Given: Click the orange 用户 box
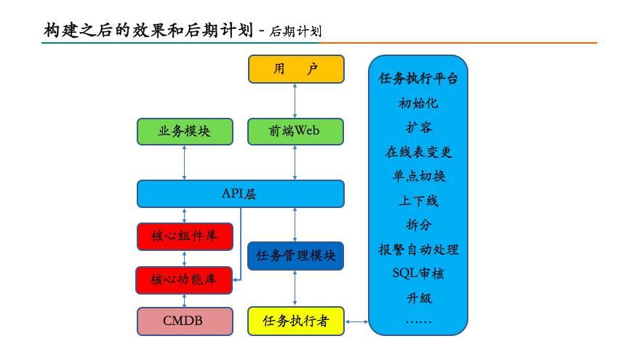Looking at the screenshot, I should point(295,69).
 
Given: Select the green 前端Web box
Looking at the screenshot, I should point(295,132).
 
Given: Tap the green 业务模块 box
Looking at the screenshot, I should point(185,132).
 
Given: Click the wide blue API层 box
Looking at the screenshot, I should point(240,194).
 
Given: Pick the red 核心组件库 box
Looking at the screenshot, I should point(185,236).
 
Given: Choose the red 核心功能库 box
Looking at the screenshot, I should point(184,279).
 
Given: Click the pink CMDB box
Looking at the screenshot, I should point(185,321).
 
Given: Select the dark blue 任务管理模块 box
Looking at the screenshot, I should point(295,256).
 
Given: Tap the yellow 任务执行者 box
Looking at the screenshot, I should point(295,321).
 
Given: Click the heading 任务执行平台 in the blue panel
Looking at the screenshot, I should point(418,79).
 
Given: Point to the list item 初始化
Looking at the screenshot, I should point(418,103).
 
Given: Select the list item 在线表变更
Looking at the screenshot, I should point(418,152).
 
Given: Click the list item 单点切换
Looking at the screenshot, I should point(418,176).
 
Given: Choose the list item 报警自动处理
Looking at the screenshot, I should point(418,249).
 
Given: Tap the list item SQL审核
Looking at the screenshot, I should point(418,273).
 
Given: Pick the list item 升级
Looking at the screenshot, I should point(418,297).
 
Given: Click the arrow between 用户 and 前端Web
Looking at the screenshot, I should point(295,100).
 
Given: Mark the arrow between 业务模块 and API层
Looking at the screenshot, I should point(185,162).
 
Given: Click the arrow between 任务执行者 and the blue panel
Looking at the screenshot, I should point(356,321).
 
